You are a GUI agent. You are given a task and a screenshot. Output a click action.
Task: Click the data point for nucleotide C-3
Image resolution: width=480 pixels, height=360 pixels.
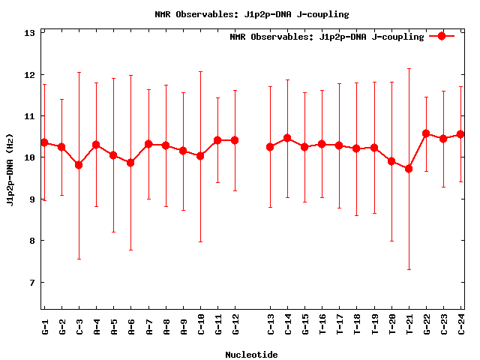click(x=79, y=165)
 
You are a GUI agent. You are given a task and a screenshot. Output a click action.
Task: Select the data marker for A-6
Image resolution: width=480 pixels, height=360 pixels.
click(x=130, y=163)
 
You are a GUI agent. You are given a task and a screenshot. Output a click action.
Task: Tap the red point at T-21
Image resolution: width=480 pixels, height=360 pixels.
click(x=409, y=169)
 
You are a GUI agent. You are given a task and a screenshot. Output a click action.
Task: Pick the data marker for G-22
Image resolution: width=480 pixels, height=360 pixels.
click(x=426, y=133)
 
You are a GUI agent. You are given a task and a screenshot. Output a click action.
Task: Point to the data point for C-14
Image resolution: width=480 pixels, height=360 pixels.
click(x=287, y=138)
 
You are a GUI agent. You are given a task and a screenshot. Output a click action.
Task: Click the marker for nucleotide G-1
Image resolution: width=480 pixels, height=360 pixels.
click(x=44, y=142)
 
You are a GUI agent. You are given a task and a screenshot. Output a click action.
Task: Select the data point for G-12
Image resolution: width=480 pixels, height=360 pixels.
click(x=235, y=140)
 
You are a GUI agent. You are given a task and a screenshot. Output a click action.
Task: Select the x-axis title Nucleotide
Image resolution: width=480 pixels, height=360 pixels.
click(x=251, y=355)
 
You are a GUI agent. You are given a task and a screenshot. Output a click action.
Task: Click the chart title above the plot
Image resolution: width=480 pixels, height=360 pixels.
click(x=251, y=14)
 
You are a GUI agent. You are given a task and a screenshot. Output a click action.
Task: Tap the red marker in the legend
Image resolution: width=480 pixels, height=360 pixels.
click(x=442, y=36)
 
